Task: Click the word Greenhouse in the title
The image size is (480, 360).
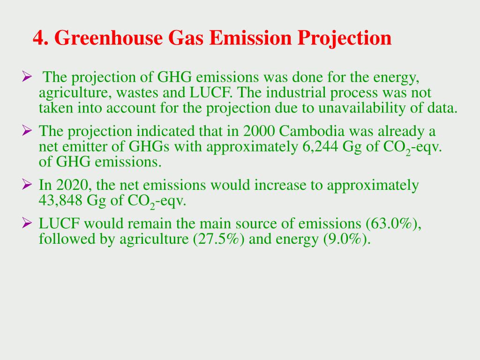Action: point(108,38)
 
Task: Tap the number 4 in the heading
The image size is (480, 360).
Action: point(37,38)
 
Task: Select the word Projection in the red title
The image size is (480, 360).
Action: point(345,38)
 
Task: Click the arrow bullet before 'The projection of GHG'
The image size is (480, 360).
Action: point(27,76)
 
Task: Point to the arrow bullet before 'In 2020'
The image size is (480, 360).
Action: point(27,184)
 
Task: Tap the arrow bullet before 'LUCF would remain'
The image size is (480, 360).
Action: point(27,223)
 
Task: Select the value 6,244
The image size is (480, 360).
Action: point(320,147)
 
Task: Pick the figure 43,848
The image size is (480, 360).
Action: point(60,201)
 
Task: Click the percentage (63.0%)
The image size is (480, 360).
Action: point(393,224)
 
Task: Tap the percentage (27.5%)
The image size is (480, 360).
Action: point(219,239)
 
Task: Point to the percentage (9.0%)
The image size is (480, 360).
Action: point(347,239)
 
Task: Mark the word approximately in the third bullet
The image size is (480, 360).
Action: point(373,186)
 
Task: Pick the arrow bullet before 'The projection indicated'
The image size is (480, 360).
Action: point(27,130)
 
